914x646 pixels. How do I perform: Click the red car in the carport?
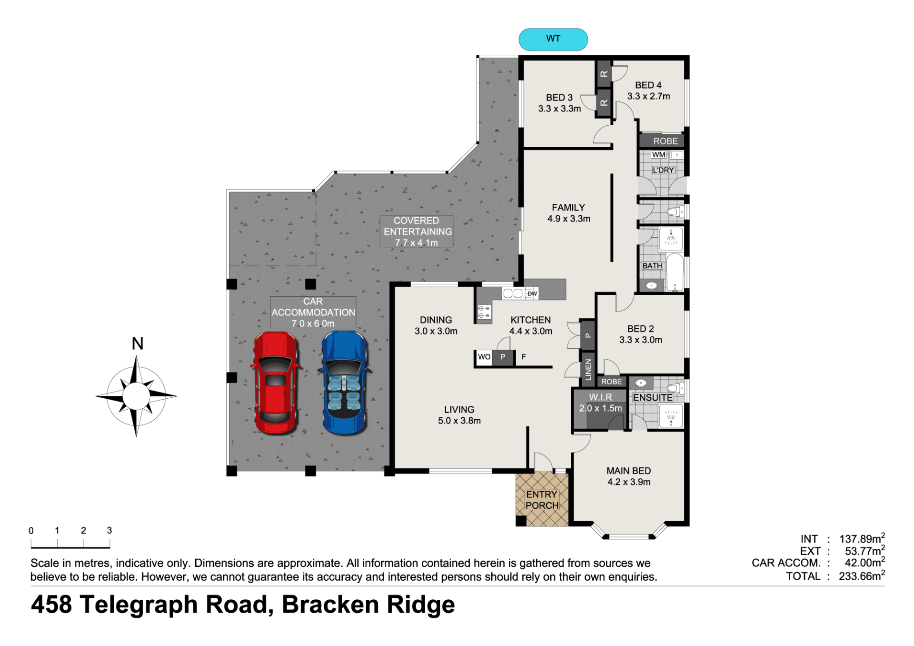[x=276, y=383]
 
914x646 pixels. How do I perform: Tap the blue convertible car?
[x=345, y=383]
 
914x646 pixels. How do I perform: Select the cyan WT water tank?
[x=553, y=39]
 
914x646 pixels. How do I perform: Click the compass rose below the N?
[x=136, y=396]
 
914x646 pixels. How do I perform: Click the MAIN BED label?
[x=628, y=471]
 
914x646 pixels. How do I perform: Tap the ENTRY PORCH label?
[x=542, y=500]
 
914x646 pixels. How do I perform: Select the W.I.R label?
[x=600, y=397]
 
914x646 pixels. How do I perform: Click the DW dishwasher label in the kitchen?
[x=532, y=293]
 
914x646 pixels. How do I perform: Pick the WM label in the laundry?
[x=658, y=155]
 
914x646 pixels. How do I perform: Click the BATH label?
[x=652, y=266]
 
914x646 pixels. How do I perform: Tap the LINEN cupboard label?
[x=588, y=370]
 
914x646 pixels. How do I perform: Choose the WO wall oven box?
[x=484, y=357]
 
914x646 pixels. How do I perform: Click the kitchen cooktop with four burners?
[x=484, y=312]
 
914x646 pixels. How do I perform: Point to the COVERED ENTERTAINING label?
[x=417, y=232]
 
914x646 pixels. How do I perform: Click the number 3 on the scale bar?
[x=109, y=530]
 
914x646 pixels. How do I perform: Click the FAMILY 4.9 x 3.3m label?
[x=568, y=213]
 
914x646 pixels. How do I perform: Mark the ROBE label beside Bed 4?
[x=666, y=141]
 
